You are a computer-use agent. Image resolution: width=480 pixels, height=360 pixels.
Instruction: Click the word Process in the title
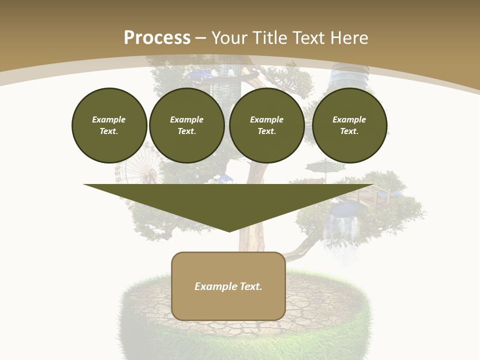pos(157,38)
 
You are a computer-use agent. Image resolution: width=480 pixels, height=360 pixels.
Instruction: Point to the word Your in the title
pos(229,38)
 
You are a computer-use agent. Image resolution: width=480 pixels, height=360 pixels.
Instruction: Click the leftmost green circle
pos(109,125)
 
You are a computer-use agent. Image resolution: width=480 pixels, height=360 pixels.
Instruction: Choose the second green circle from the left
pos(186,125)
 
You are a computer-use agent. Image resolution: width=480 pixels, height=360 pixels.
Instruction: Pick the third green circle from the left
pos(266,125)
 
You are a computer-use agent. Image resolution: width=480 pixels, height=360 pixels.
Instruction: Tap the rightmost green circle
pos(349,125)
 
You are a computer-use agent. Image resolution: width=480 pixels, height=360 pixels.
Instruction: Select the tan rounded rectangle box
pos(228,305)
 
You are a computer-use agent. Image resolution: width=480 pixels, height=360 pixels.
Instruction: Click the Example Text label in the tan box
pos(228,286)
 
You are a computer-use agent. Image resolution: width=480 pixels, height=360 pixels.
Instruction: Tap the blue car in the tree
pos(199,75)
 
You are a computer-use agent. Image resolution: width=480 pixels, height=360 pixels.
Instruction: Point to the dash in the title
pos(201,38)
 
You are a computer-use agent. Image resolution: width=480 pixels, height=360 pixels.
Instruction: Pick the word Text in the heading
pos(307,38)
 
